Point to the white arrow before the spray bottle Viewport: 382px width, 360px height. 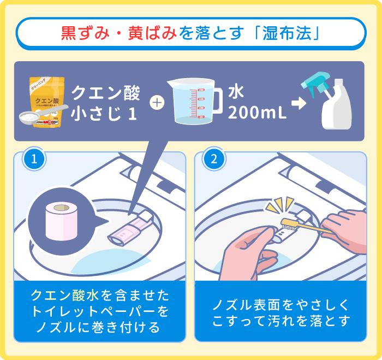coord(299,103)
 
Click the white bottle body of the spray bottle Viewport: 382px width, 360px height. coord(337,112)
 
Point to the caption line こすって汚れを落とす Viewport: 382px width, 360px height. coord(280,320)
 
